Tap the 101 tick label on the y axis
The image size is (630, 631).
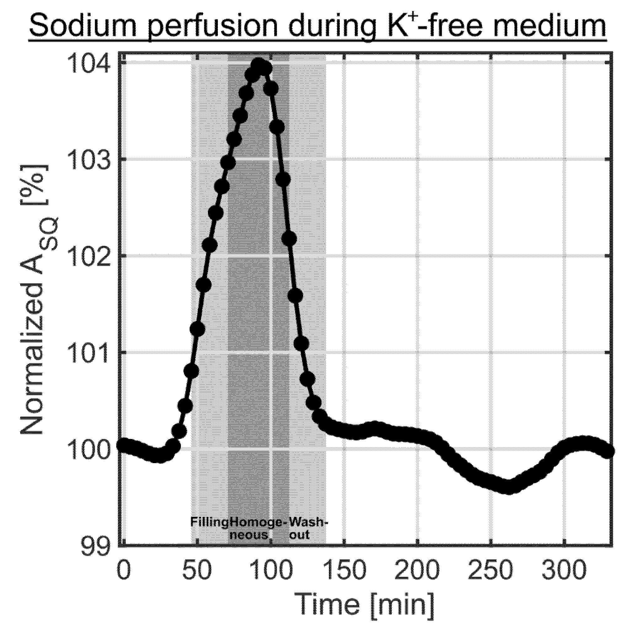(89, 353)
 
